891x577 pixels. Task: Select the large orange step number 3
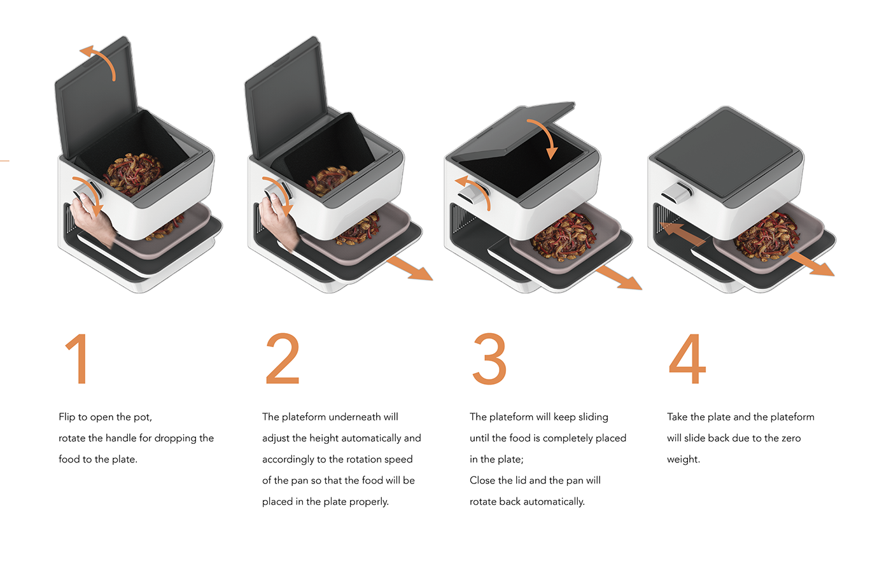coord(489,359)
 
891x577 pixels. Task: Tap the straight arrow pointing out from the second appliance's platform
coord(409,268)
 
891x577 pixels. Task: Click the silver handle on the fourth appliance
coord(677,192)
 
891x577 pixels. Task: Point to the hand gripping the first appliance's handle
coord(92,221)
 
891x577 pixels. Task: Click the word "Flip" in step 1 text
coord(67,417)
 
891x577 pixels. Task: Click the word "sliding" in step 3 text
coord(593,417)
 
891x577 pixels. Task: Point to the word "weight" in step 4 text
coord(682,460)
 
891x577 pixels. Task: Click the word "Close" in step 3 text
coord(482,480)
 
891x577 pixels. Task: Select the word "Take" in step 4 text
coord(677,417)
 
